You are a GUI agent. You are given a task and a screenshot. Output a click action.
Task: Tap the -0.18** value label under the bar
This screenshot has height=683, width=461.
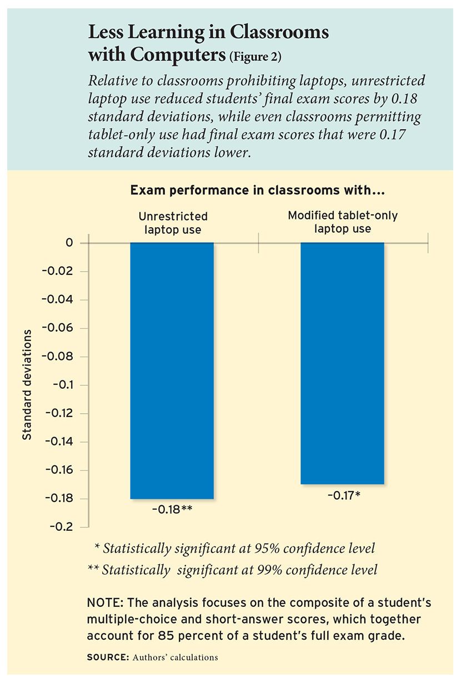(x=172, y=509)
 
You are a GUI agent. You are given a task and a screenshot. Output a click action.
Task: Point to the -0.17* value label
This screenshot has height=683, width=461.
(x=342, y=494)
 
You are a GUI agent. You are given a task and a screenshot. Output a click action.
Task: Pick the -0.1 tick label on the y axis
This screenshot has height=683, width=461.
(x=62, y=385)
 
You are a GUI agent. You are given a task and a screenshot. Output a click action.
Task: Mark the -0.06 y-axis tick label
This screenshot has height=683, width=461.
(x=59, y=328)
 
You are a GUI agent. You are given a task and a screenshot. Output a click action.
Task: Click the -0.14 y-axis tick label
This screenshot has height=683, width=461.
(x=59, y=441)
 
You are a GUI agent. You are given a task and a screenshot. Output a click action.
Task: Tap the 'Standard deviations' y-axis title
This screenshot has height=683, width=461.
(x=27, y=385)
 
